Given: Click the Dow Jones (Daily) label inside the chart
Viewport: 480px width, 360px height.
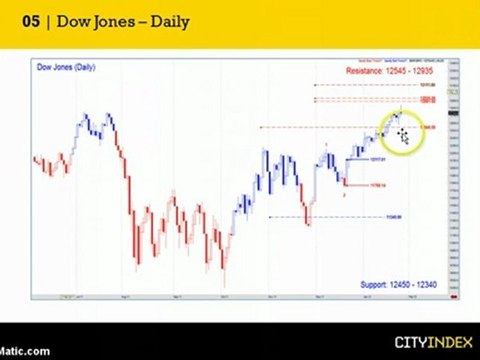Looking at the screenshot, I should coord(66,66).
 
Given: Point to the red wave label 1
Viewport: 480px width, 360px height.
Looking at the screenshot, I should coord(325,146).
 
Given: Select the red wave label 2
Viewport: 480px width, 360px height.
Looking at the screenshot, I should coord(345,194).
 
